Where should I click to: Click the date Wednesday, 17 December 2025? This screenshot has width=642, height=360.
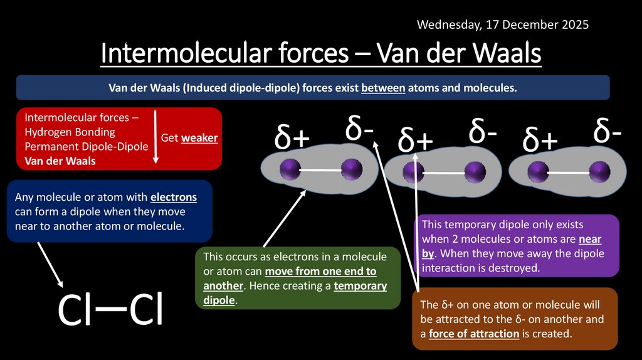[x=503, y=25]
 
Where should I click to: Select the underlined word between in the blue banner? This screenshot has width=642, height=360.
[x=383, y=88]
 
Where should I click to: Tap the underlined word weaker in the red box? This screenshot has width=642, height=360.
[x=199, y=137]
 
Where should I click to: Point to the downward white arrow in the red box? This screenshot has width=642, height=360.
[x=155, y=138]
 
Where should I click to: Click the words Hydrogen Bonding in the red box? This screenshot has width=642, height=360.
[x=70, y=132]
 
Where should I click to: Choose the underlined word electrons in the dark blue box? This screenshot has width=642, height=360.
[x=174, y=197]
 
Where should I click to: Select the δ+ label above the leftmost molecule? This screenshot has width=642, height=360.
[x=292, y=139]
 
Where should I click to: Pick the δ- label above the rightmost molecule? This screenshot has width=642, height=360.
[x=608, y=132]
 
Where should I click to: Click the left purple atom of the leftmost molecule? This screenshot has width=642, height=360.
[x=290, y=169]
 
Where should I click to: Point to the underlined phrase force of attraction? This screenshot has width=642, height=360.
[x=474, y=333]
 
